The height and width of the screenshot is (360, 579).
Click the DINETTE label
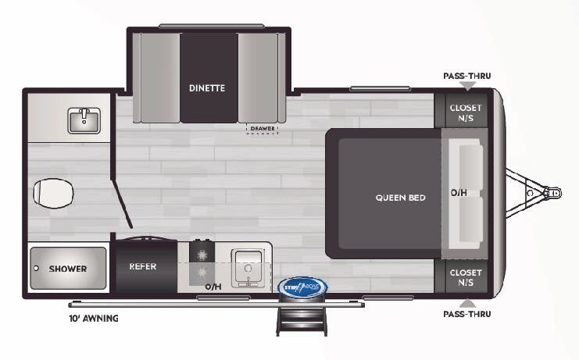[206, 87]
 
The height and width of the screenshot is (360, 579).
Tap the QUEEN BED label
[401, 198]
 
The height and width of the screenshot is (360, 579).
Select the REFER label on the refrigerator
[142, 266]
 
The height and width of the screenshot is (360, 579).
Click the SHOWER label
[68, 269]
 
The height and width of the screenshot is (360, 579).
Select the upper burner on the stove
[202, 255]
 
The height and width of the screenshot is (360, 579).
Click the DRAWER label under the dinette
[263, 128]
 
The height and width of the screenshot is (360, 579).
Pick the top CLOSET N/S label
[466, 112]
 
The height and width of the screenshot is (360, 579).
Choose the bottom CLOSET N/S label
[466, 276]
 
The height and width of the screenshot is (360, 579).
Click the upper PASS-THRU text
[467, 76]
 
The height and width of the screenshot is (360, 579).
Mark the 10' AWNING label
[93, 319]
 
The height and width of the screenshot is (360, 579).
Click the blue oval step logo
[302, 287]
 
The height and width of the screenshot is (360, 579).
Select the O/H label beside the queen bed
[459, 192]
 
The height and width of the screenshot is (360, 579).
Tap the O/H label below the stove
[213, 287]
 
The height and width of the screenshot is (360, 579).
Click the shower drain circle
[36, 268]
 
